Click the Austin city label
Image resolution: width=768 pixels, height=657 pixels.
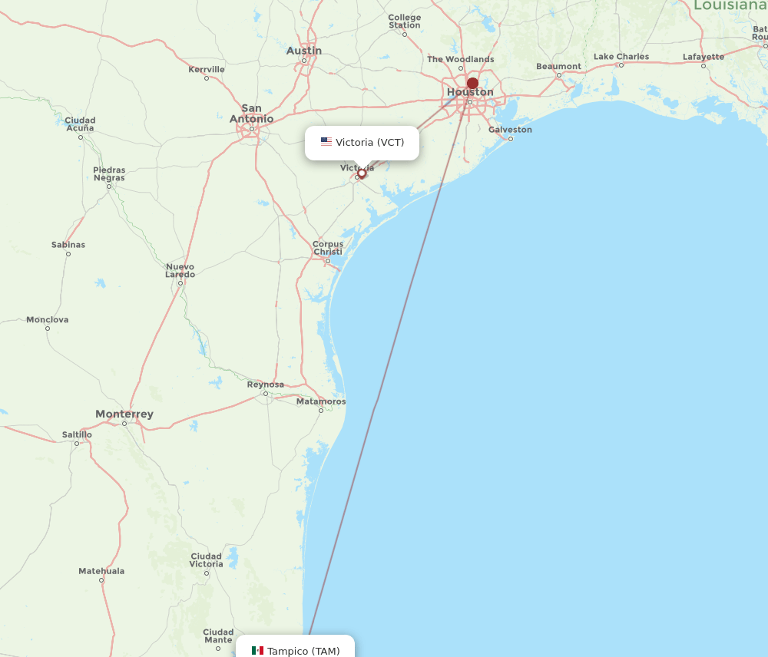point(304,51)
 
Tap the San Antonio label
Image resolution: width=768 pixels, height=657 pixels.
point(251,114)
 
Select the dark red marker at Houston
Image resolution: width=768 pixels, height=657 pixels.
point(472,83)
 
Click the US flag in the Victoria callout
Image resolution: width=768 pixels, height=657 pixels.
point(326,142)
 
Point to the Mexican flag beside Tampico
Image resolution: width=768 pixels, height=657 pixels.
point(257,651)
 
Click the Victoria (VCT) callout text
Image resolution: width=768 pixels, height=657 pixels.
point(369,142)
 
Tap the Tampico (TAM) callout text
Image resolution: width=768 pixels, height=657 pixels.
point(303,651)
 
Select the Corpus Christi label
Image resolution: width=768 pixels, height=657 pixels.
point(328,248)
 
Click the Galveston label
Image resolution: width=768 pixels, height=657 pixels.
point(510,130)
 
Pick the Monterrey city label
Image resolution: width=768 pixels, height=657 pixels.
point(124,414)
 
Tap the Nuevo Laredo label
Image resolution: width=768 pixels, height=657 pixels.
point(180,270)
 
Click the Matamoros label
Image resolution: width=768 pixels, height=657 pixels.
point(321,401)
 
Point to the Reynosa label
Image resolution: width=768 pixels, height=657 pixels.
point(266,385)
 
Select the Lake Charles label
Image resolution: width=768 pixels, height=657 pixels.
point(621,57)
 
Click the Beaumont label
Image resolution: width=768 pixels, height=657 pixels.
point(559,66)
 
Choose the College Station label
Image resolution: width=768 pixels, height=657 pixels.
point(405,21)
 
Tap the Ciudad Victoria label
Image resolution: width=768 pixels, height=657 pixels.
point(207,560)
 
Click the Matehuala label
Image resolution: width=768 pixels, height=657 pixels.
point(101,571)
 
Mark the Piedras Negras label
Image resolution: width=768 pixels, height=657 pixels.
point(109,173)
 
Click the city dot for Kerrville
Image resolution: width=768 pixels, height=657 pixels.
point(207,78)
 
